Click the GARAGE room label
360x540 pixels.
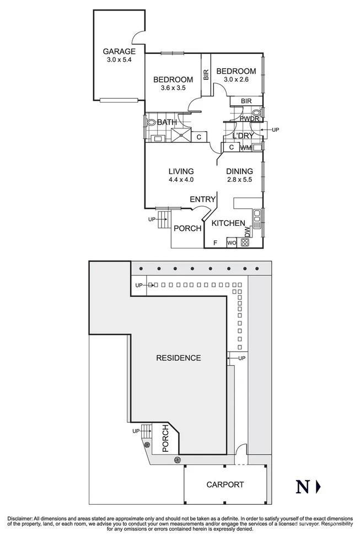click(119, 52)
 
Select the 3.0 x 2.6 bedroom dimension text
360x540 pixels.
click(236, 80)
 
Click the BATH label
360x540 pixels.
click(167, 122)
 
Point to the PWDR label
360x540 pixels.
click(249, 118)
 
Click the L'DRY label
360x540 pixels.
click(243, 136)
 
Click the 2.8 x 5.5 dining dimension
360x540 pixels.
click(240, 180)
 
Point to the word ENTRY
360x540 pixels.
click(202, 199)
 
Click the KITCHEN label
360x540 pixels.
click(228, 223)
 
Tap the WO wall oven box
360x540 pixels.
click(232, 242)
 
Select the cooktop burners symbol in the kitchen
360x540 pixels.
click(245, 242)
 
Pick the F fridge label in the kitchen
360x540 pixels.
click(215, 242)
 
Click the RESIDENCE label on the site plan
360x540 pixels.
click(178, 358)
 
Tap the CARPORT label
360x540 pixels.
click(225, 485)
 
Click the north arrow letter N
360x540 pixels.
click(302, 487)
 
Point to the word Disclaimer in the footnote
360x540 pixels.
click(20, 519)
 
